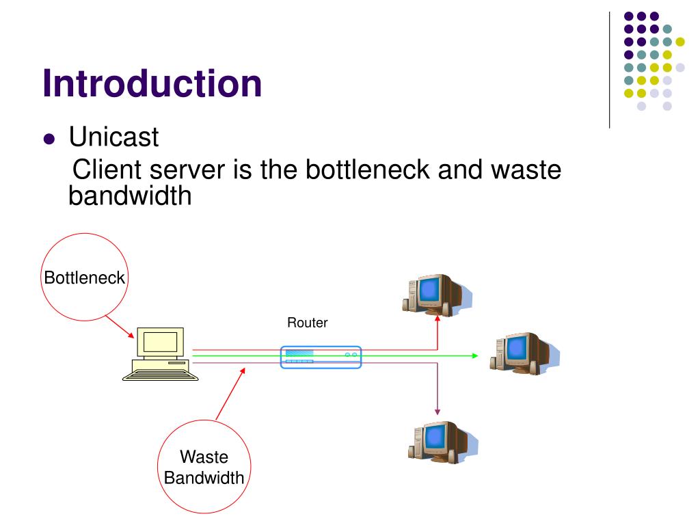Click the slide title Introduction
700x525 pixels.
tap(152, 84)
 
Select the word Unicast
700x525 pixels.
tap(113, 137)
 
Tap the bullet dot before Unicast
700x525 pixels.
tap(49, 139)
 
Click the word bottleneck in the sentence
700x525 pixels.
tap(367, 170)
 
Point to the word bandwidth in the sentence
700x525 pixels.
tap(130, 196)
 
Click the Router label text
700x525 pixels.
tap(307, 323)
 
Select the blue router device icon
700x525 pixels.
tap(321, 357)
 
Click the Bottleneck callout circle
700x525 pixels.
tap(84, 278)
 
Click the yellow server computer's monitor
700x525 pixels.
tap(161, 342)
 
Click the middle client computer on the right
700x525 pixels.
tap(521, 352)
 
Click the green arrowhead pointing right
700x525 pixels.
tap(474, 355)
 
